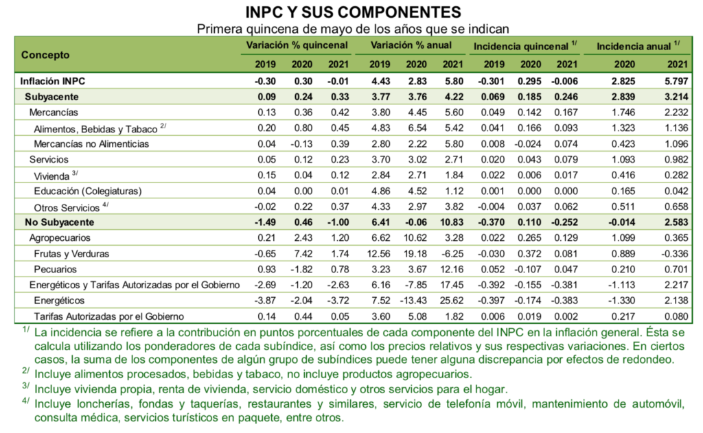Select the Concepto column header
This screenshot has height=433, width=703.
point(45,54)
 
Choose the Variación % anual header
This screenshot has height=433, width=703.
point(411,46)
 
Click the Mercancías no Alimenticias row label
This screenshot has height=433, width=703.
point(91,143)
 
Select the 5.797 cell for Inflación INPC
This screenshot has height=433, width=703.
point(673,81)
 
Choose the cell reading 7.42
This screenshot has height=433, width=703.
point(302,253)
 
